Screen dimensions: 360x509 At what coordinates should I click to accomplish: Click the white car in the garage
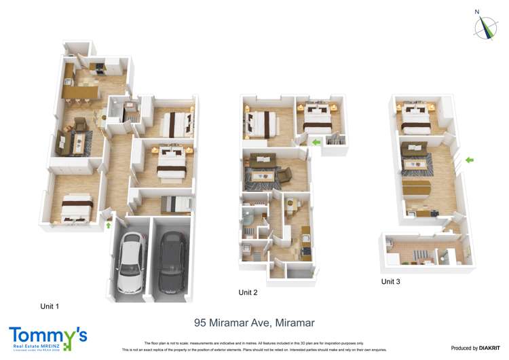(131, 261)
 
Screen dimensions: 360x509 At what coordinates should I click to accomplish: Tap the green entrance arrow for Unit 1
(108, 224)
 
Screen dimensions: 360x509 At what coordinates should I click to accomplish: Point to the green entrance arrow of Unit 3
(468, 160)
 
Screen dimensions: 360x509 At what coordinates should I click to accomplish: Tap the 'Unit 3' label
(392, 281)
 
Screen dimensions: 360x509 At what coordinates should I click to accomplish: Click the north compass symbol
(485, 26)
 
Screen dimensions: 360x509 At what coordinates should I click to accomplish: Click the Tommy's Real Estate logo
(48, 338)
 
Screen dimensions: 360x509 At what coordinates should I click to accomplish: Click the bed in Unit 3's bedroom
(416, 120)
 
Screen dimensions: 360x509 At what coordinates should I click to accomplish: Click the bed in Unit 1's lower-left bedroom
(75, 207)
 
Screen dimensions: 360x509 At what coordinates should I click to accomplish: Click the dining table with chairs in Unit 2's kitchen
(293, 204)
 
